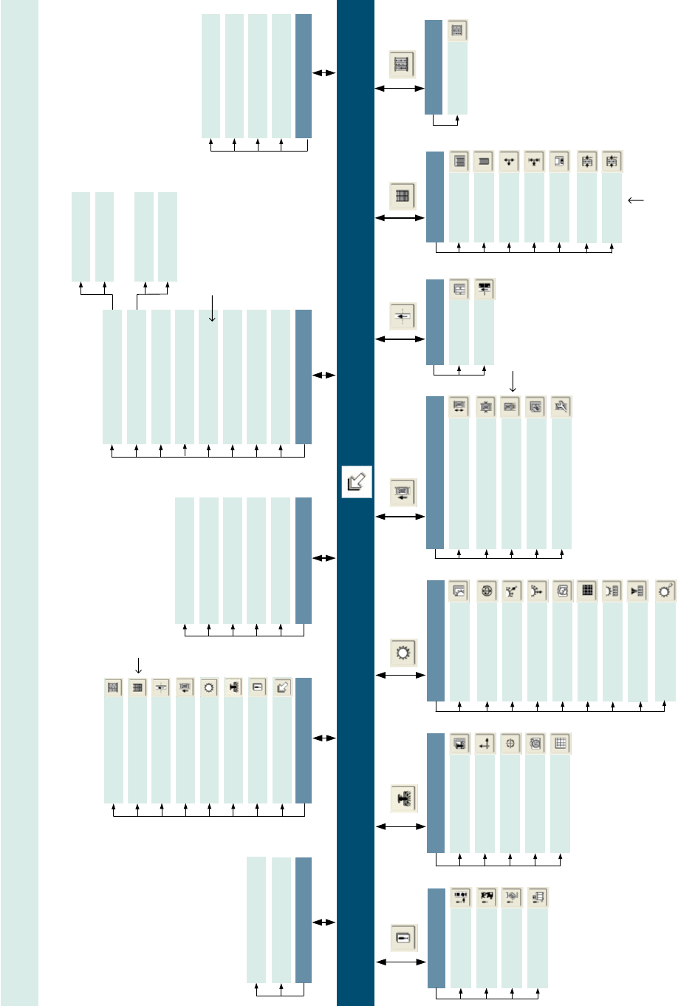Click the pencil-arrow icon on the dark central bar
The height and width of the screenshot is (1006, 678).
point(357,482)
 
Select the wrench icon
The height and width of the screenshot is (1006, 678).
point(561,407)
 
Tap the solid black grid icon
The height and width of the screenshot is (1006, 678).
point(586,591)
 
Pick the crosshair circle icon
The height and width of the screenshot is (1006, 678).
point(510,744)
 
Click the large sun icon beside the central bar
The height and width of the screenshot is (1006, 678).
point(403,652)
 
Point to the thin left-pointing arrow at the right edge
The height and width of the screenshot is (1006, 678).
point(635,200)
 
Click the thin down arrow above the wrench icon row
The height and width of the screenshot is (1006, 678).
point(512,381)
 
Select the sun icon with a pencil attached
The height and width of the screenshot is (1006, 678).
point(665,591)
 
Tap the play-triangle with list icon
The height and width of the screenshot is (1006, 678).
point(636,591)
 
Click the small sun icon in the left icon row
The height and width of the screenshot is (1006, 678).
point(209,687)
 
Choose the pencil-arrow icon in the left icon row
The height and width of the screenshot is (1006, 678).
point(282,687)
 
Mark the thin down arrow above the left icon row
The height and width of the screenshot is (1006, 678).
point(138,665)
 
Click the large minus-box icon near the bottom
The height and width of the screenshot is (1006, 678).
point(403,937)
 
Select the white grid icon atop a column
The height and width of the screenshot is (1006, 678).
point(561,744)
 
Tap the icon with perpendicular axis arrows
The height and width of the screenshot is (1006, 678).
point(484,744)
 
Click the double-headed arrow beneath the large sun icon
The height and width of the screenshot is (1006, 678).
point(401,675)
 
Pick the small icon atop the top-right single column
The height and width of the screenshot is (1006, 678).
point(457,30)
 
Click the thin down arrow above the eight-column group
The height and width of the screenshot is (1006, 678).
point(212,308)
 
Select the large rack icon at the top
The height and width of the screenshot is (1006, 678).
point(403,64)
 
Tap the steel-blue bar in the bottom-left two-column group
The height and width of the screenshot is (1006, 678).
point(303,920)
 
